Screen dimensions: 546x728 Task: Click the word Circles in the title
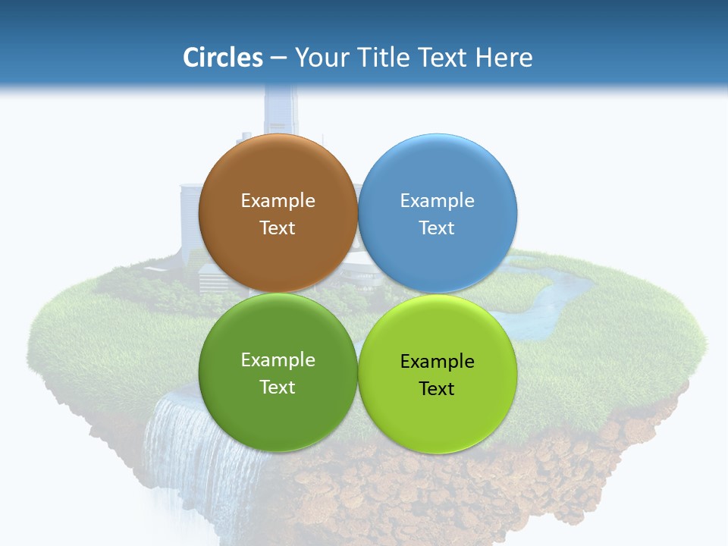[x=222, y=58]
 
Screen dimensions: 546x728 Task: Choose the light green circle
[x=438, y=413]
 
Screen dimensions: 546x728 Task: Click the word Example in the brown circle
[x=278, y=200]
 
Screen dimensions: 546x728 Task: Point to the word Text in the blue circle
[x=437, y=227]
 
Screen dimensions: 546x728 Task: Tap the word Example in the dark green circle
[x=278, y=359]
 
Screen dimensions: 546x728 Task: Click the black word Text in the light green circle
[x=437, y=388]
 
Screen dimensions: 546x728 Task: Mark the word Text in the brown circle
[x=278, y=227]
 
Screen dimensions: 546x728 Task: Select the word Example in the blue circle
[x=437, y=200]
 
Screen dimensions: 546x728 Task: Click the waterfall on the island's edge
[x=182, y=455]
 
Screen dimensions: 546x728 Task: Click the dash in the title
[x=278, y=58]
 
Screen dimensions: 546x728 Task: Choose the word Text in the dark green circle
[x=278, y=387]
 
